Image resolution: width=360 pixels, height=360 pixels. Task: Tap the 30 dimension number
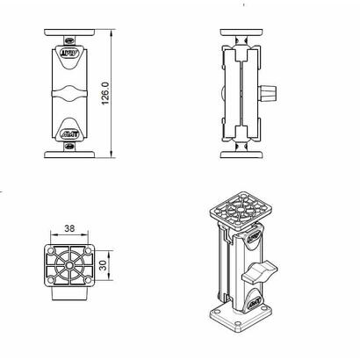pyautogui.click(x=102, y=264)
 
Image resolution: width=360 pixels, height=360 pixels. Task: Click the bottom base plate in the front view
pyautogui.click(x=70, y=157)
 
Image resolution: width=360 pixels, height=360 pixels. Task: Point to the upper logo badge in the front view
pyautogui.click(x=70, y=54)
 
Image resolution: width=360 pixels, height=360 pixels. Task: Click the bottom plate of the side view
pyautogui.click(x=238, y=157)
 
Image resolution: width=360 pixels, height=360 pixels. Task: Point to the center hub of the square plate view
pyautogui.click(x=68, y=263)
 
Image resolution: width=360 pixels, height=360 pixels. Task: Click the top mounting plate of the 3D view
pyautogui.click(x=236, y=212)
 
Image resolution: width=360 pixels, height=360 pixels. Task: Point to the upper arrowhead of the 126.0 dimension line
pyautogui.click(x=115, y=32)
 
